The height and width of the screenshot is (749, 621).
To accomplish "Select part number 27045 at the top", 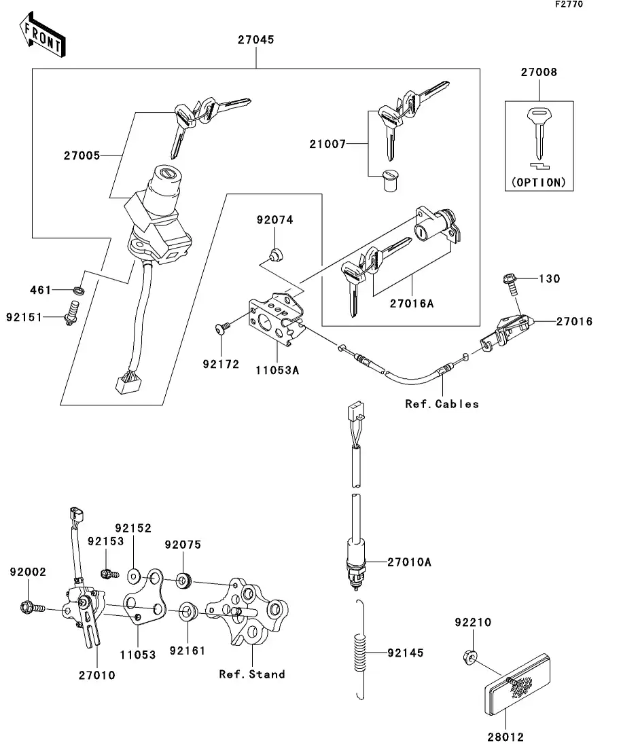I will (255, 40).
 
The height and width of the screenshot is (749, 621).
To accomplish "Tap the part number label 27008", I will (539, 72).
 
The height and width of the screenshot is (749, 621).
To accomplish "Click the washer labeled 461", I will (79, 291).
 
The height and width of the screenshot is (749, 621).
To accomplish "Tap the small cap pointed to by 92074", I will (275, 255).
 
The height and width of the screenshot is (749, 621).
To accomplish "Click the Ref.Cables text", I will (442, 404).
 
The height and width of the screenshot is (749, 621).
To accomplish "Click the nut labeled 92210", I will (467, 656).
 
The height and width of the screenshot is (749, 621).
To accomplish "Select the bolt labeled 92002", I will (30, 606).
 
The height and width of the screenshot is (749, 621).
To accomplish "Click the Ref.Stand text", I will (251, 674).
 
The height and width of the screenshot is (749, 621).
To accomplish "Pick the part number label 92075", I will (183, 545).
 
